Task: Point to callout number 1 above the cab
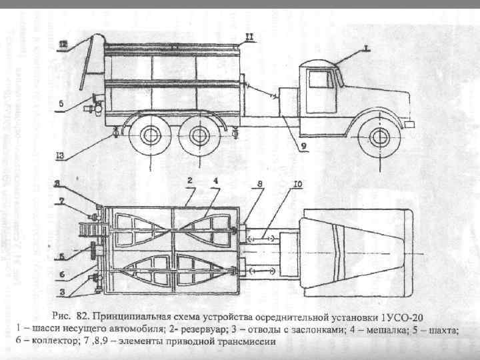pos(365,47)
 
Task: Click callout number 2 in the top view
pos(190,181)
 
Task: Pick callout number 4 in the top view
pos(215,181)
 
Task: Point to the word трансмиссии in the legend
pos(251,341)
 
